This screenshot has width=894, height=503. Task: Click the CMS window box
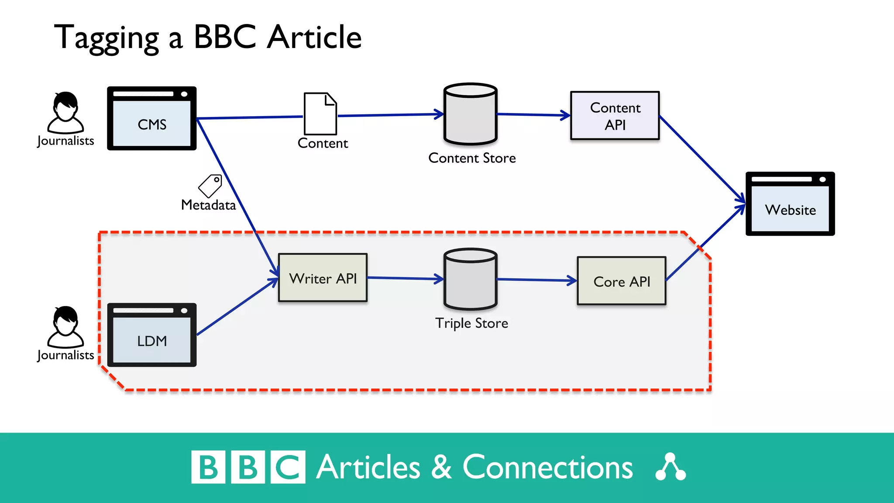(x=151, y=118)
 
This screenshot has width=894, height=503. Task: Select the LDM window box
(x=151, y=335)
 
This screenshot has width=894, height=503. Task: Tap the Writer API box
(x=323, y=278)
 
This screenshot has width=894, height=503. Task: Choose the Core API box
(x=621, y=281)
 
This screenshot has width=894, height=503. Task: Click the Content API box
(x=615, y=116)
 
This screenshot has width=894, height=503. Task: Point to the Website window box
(x=790, y=204)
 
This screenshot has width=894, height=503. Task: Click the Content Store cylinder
(x=470, y=114)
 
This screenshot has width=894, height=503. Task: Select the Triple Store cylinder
(x=470, y=279)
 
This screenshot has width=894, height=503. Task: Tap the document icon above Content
(x=320, y=114)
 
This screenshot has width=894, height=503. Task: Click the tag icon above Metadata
(x=210, y=186)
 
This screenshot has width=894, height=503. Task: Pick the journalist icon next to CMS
(x=65, y=112)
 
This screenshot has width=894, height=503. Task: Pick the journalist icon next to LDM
(x=65, y=327)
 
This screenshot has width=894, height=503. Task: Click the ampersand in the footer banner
(x=441, y=467)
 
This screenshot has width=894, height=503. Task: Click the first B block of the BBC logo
(x=208, y=467)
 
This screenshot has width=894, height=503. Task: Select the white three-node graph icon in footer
(x=670, y=467)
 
